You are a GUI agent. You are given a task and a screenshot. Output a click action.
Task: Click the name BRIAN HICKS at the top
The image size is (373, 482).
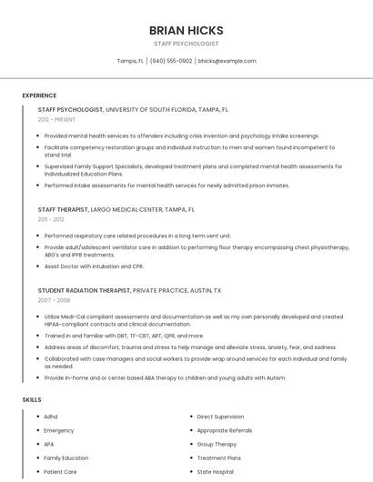(x=186, y=30)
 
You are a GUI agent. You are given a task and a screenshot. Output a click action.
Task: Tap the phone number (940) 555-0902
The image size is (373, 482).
(x=171, y=61)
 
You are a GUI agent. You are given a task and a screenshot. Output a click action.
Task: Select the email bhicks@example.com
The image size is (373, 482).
(x=227, y=61)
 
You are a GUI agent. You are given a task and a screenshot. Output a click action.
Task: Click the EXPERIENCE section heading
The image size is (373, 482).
(x=39, y=95)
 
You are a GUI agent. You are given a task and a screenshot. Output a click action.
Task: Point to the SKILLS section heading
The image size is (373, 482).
(x=32, y=399)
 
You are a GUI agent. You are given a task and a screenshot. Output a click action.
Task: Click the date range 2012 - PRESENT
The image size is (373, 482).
(x=57, y=119)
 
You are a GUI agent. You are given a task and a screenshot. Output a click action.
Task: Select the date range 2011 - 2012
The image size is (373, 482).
(x=51, y=219)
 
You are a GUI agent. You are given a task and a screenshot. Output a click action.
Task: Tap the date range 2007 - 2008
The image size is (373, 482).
(x=54, y=299)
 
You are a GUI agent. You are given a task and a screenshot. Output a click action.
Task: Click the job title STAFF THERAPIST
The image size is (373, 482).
(x=63, y=209)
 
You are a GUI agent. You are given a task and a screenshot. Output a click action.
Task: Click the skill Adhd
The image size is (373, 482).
(x=51, y=417)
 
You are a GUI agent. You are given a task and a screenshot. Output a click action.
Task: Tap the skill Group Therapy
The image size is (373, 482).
(x=217, y=445)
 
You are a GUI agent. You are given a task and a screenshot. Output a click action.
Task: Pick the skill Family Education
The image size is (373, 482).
(x=66, y=458)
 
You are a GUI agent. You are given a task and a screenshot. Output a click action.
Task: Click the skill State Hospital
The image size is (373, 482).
(x=216, y=472)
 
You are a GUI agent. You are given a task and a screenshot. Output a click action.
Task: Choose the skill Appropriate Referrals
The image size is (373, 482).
(x=225, y=430)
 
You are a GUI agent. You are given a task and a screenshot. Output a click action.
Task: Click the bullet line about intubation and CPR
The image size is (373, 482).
(x=94, y=266)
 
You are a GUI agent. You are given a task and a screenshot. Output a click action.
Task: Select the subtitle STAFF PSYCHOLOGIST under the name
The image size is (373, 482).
(x=186, y=43)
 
